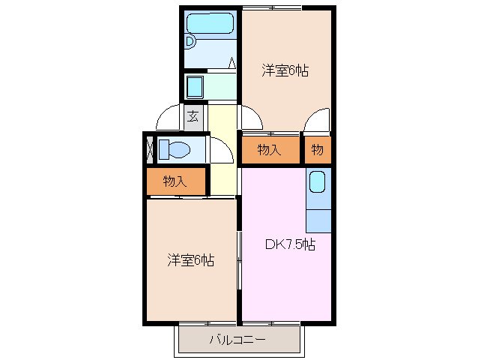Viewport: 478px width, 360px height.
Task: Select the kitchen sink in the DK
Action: click(317, 182)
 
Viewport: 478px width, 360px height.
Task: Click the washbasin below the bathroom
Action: click(195, 87)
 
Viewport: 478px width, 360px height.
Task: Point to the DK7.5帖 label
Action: click(289, 244)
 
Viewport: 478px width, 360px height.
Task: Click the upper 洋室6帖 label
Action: click(285, 71)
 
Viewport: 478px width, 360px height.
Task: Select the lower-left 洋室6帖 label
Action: click(190, 261)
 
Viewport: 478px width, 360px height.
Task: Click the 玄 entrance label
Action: click(193, 116)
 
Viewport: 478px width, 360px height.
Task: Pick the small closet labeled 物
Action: click(318, 150)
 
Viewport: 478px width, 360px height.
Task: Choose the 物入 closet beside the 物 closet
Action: click(269, 150)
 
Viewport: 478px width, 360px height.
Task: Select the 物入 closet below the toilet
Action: click(175, 181)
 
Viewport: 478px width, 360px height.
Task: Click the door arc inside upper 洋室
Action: click(318, 120)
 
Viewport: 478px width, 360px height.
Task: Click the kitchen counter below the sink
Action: click(318, 217)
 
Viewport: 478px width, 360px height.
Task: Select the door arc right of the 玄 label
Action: click(250, 119)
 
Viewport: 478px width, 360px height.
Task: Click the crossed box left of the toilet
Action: click(150, 148)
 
